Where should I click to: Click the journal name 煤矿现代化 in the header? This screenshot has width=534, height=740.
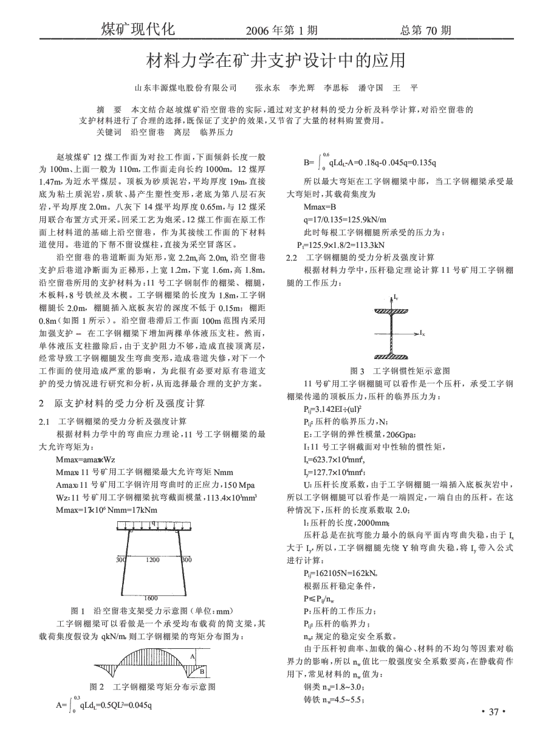[138, 29]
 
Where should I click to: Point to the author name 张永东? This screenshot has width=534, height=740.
[267, 88]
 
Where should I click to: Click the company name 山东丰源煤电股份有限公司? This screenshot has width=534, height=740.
[185, 88]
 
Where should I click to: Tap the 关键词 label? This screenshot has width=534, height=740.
[109, 131]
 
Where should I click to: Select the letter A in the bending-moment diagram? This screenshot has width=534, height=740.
[193, 656]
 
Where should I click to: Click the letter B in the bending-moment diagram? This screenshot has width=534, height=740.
[202, 670]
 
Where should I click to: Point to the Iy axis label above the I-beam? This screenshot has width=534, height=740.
[396, 298]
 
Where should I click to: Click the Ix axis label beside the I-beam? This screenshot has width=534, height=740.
[422, 334]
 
